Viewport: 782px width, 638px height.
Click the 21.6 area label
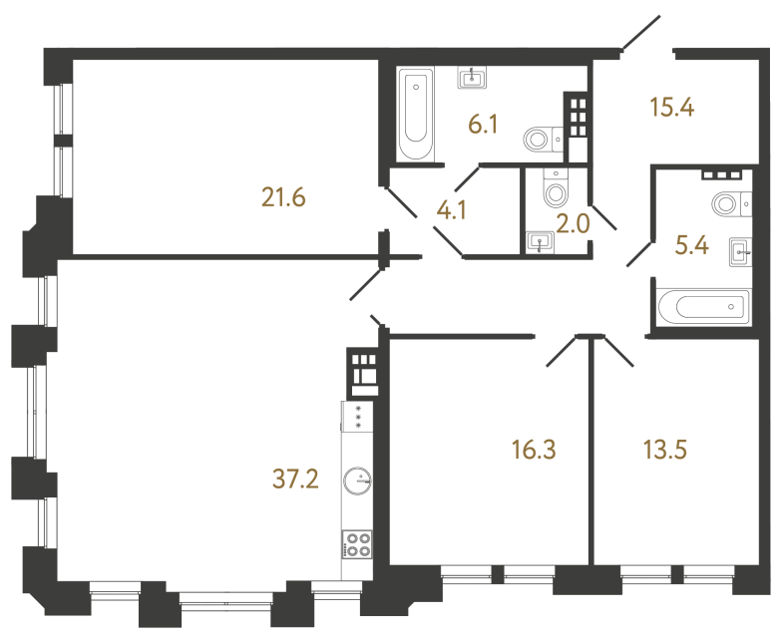282,198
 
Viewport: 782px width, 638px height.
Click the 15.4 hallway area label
671,108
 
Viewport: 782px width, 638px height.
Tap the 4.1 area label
452,211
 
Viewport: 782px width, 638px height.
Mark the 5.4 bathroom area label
691,245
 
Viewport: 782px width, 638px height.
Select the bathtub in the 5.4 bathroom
702,305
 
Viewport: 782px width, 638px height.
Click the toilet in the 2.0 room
555,186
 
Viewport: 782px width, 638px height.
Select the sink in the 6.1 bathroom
473,78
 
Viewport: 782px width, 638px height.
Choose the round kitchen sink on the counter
355,482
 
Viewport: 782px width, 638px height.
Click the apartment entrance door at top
638,34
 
